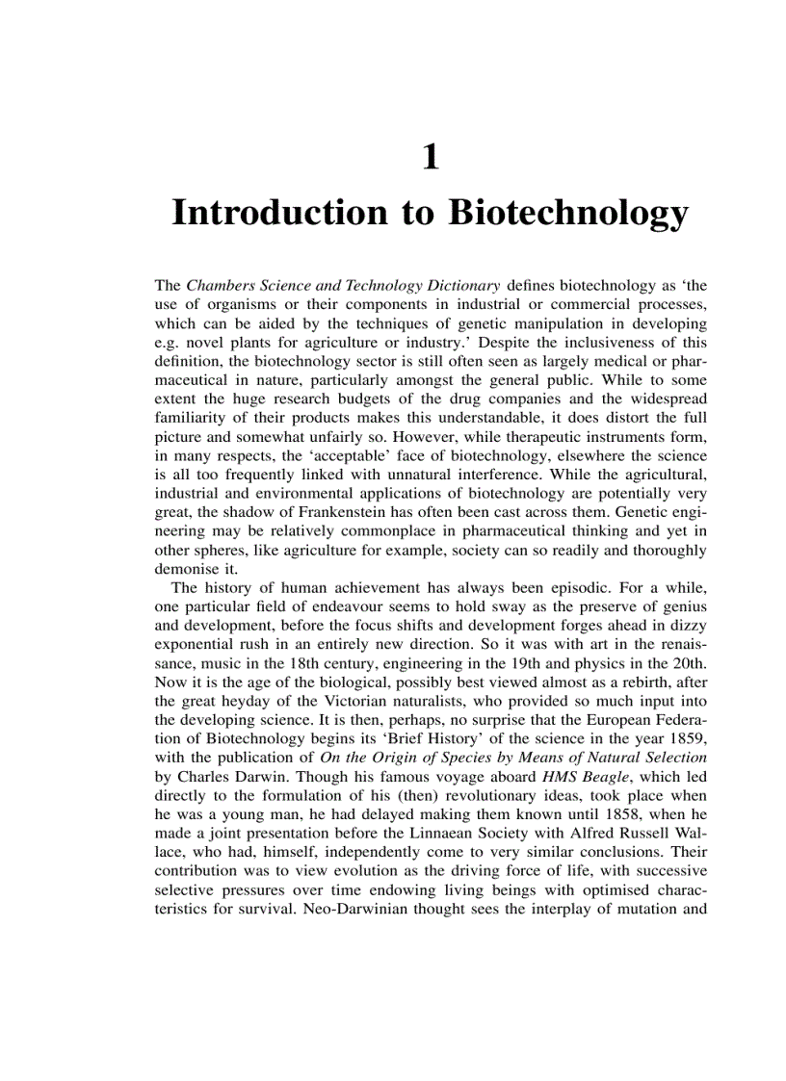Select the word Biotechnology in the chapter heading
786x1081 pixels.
click(568, 213)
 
